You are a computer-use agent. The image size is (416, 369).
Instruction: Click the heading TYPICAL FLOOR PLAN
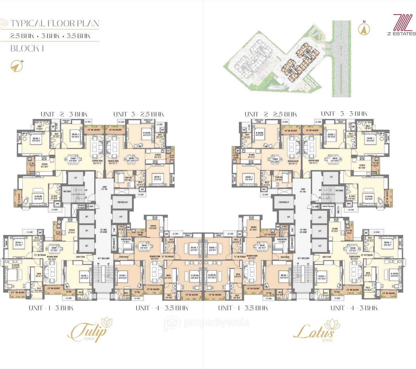(x=54, y=23)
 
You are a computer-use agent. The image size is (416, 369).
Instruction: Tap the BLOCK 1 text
(x=27, y=49)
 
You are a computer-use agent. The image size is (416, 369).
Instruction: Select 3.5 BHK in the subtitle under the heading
(x=79, y=36)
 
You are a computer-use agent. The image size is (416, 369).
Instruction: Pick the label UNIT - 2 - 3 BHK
(x=64, y=114)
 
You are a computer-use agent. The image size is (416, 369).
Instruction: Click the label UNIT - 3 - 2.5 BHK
(x=138, y=114)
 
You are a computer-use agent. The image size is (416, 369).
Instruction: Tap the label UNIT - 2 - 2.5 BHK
(x=270, y=114)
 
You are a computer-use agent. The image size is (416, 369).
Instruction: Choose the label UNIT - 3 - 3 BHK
(x=344, y=114)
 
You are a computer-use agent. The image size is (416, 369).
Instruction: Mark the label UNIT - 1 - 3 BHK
(x=51, y=308)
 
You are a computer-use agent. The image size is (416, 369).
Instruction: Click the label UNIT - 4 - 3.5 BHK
(x=162, y=308)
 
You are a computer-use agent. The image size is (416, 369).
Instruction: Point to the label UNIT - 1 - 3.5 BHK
(x=243, y=308)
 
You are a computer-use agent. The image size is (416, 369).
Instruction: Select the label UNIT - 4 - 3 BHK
(x=354, y=308)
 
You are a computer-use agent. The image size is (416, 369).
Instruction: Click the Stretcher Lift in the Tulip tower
(x=122, y=202)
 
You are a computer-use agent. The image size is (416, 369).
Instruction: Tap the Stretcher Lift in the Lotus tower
(x=284, y=202)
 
